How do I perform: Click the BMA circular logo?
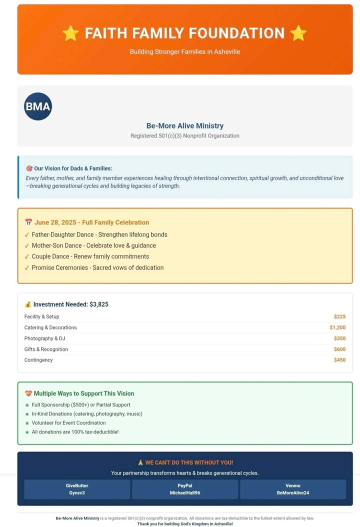38,106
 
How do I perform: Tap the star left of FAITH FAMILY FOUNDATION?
70,33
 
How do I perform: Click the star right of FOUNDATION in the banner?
298,33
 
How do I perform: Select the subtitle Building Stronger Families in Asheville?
185,51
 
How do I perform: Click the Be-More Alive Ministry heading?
185,126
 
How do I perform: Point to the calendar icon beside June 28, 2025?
28,222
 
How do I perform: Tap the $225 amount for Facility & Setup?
339,316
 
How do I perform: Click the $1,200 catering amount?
337,327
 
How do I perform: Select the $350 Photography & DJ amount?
339,338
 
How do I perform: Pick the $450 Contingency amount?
339,360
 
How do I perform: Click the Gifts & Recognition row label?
46,349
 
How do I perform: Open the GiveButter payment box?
77,489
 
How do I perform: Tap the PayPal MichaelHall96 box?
185,489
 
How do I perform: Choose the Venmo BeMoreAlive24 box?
293,489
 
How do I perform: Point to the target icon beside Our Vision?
29,169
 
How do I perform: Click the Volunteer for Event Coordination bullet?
68,423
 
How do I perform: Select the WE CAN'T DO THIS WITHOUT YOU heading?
185,463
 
